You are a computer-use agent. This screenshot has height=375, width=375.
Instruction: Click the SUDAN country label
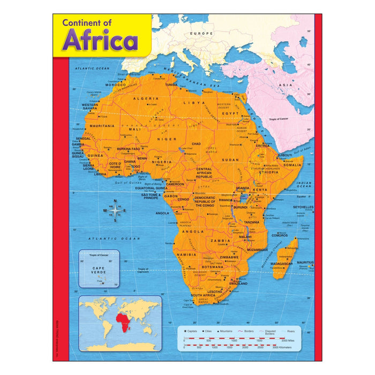pos(231,160)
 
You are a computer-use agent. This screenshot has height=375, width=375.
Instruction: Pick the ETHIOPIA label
pos(268,172)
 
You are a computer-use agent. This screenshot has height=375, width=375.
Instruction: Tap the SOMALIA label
pos(292,165)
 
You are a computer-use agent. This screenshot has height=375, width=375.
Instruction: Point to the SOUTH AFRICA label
pos(203,295)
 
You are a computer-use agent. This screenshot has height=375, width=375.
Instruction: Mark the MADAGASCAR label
pos(281,264)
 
